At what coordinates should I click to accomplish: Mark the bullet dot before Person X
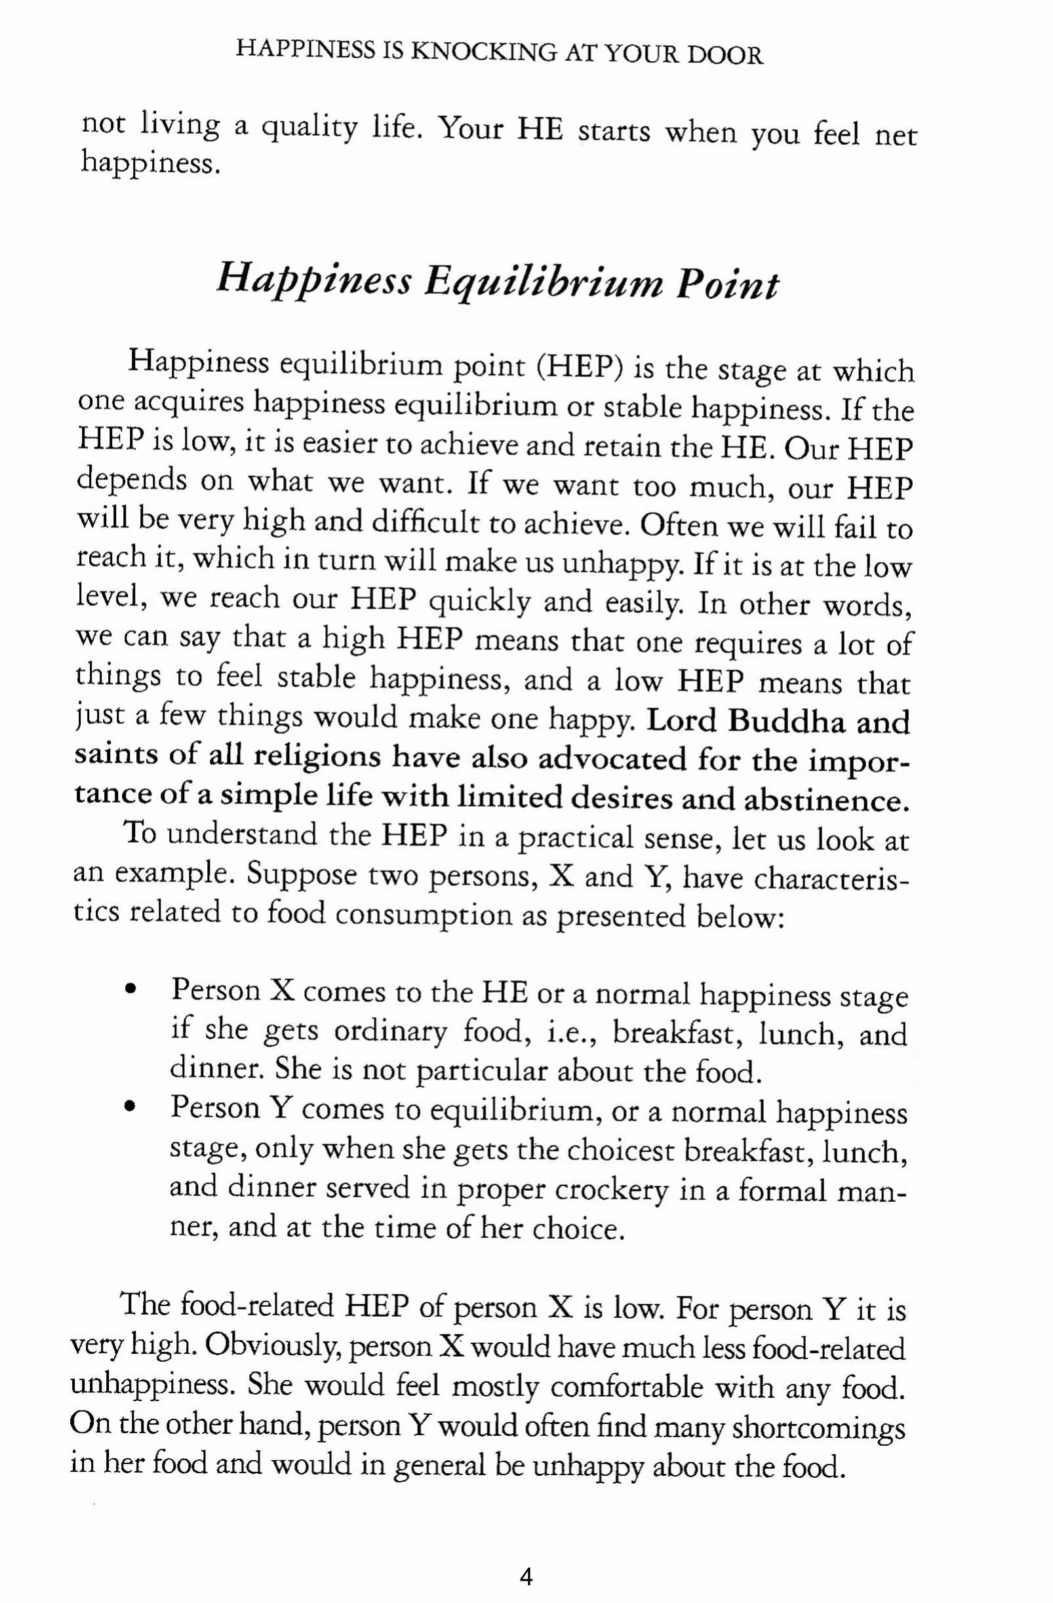tap(130, 991)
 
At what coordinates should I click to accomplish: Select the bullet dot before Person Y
tap(130, 1108)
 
